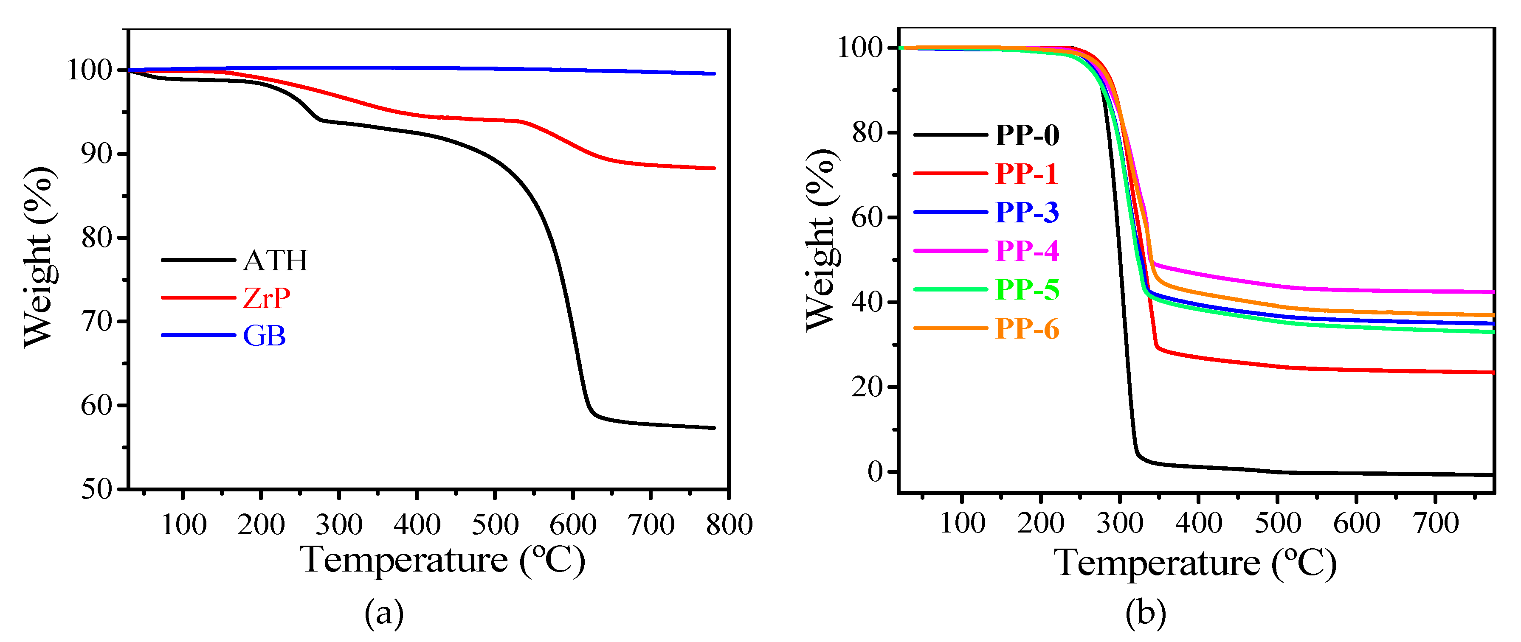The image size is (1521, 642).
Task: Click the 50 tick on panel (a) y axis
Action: tap(96, 489)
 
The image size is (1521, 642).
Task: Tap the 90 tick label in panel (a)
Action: tap(96, 154)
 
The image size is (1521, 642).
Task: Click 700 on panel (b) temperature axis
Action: tap(1435, 523)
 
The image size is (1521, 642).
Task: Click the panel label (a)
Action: tap(384, 614)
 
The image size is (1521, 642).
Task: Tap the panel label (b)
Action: tap(1146, 614)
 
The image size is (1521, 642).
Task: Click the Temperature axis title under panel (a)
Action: tap(443, 560)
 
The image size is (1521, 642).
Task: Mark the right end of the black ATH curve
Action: tap(714, 428)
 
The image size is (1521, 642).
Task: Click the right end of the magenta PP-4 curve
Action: tap(1492, 292)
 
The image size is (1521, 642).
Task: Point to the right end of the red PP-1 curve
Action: tap(1492, 372)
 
